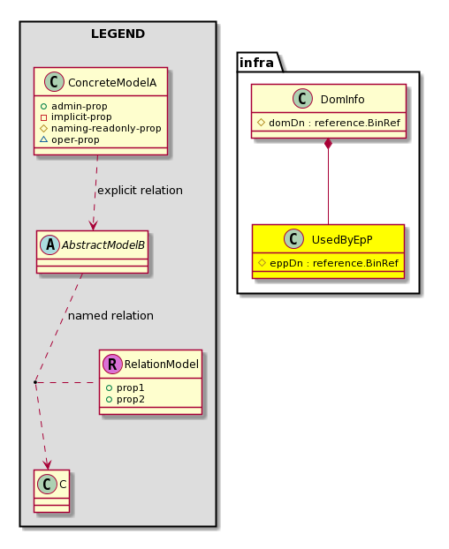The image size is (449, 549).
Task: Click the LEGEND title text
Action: point(118,34)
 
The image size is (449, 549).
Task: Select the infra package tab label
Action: point(256,63)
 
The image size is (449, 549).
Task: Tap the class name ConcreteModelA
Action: point(112,83)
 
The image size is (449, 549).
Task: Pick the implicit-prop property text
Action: point(81,117)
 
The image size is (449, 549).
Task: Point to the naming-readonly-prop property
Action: point(106,129)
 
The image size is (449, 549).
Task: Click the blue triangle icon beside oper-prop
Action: point(43,139)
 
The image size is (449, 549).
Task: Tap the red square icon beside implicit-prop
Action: point(43,117)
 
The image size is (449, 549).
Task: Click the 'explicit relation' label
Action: point(140,191)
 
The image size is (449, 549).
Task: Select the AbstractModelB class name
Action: point(103,245)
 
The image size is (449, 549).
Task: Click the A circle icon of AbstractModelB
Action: point(50,245)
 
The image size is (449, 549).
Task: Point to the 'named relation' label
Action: point(110,316)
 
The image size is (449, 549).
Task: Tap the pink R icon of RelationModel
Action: point(112,365)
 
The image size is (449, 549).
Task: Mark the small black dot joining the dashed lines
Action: point(35,382)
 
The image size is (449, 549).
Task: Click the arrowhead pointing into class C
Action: point(47,465)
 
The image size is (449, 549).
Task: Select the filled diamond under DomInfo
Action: point(328,144)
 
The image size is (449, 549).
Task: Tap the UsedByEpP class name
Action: point(342,240)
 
